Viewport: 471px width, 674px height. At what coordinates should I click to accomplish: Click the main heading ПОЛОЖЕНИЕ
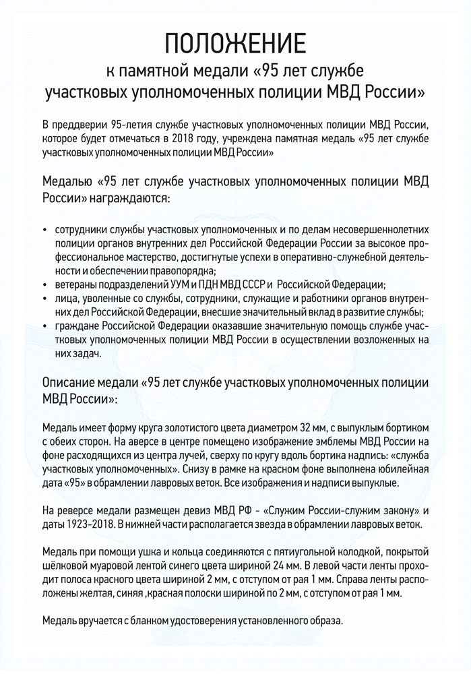click(x=235, y=44)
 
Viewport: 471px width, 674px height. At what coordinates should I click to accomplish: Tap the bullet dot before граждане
click(x=44, y=326)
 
